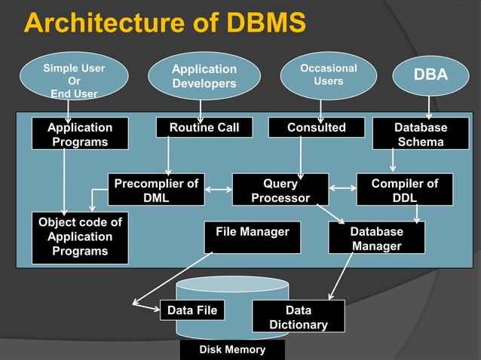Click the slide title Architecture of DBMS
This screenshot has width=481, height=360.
click(x=165, y=23)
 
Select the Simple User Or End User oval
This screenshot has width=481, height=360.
click(x=73, y=81)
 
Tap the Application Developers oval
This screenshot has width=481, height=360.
click(x=204, y=76)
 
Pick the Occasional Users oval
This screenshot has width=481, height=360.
click(x=328, y=75)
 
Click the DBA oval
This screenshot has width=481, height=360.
click(x=430, y=75)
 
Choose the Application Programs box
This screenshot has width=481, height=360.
click(x=80, y=135)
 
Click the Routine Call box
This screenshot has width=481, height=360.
click(x=204, y=128)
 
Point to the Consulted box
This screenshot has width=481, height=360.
click(x=316, y=128)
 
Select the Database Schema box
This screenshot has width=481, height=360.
click(x=420, y=135)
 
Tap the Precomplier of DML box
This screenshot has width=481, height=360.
click(x=156, y=191)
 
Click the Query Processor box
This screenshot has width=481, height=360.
click(x=280, y=191)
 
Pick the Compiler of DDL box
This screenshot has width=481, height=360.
click(x=404, y=191)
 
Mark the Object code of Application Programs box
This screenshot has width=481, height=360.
click(x=80, y=237)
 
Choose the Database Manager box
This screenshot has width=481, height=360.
click(x=376, y=238)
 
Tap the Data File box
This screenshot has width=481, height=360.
click(x=192, y=310)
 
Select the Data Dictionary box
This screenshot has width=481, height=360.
click(x=298, y=317)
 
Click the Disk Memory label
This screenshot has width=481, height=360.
click(x=232, y=350)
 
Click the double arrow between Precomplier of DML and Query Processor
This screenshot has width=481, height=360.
click(x=219, y=188)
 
